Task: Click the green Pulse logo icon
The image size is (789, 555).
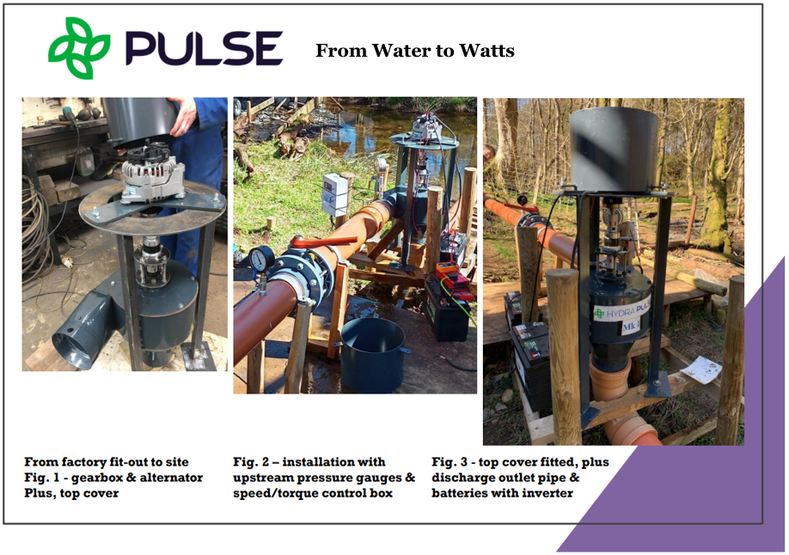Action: pyautogui.click(x=79, y=48)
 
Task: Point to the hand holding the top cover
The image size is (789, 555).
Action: pyautogui.click(x=182, y=117)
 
